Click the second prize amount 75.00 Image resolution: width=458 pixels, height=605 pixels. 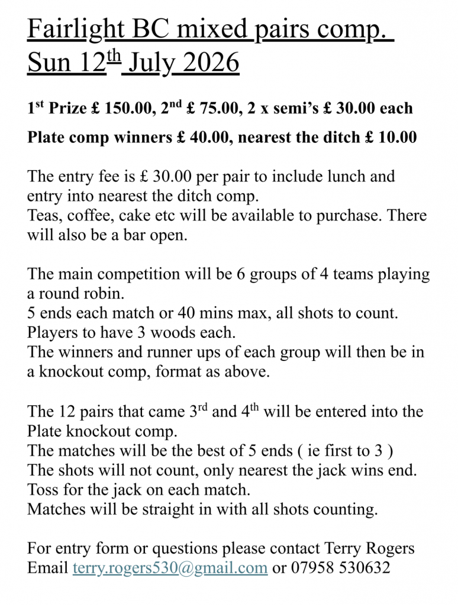pos(222,109)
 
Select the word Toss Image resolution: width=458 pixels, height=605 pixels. pos(42,490)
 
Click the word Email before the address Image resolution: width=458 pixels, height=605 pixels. pos(47,568)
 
